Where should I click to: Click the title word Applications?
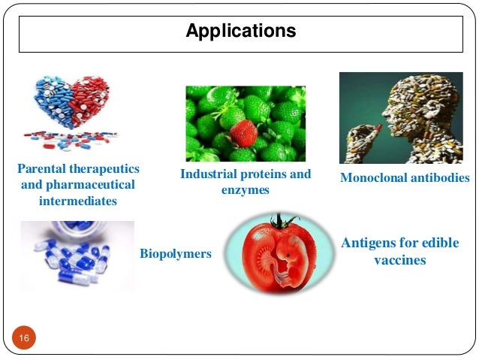coord(240,32)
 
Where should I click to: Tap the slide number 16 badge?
coord(24,340)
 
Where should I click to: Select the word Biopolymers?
coord(176,254)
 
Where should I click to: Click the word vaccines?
coord(399,261)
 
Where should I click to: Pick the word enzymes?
coord(245,191)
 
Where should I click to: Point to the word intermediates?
coord(77,201)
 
